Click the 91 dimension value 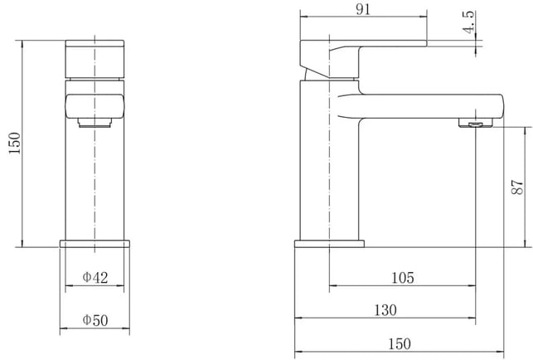[x=363, y=9]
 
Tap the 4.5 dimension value [x=468, y=22]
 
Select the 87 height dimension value [x=517, y=187]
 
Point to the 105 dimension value [x=403, y=278]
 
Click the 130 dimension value [x=385, y=310]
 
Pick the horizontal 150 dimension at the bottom [x=400, y=343]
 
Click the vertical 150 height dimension [x=15, y=143]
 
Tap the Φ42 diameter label [x=95, y=277]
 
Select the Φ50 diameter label [x=95, y=320]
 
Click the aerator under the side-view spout [x=476, y=123]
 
